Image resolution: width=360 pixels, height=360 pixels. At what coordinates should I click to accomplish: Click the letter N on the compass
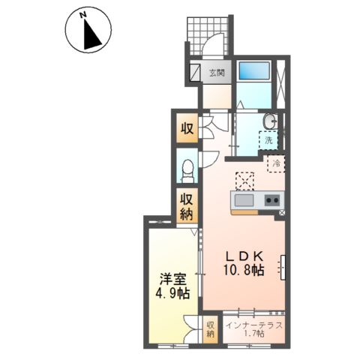83,15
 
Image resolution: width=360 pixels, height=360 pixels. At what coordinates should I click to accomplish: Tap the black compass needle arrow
91,35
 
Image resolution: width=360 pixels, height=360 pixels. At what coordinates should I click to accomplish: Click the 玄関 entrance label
217,73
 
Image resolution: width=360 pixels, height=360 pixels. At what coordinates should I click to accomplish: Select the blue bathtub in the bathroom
254,70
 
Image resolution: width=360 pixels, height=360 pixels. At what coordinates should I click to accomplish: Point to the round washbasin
270,121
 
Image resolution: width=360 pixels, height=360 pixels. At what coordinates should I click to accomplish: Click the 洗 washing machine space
268,140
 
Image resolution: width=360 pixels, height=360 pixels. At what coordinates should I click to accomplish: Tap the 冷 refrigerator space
276,163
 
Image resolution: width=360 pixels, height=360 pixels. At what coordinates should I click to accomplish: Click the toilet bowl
188,171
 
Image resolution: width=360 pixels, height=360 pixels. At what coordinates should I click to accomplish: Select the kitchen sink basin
244,201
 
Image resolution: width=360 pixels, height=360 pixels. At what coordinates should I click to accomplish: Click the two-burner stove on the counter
272,200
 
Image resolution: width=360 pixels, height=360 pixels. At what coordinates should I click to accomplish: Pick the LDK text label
244,256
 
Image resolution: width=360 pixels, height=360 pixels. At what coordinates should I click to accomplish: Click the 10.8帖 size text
244,270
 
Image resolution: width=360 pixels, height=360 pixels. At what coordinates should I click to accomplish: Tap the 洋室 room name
173,280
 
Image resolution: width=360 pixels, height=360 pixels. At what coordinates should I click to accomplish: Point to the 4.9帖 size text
172,293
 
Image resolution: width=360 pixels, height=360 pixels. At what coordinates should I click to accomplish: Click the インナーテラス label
254,325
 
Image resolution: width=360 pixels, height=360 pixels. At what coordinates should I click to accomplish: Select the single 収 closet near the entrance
187,128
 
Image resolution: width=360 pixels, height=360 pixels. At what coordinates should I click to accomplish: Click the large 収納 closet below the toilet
187,206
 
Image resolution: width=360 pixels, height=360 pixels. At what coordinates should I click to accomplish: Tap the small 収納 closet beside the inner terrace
211,329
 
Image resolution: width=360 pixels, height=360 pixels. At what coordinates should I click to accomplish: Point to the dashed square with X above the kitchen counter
244,181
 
